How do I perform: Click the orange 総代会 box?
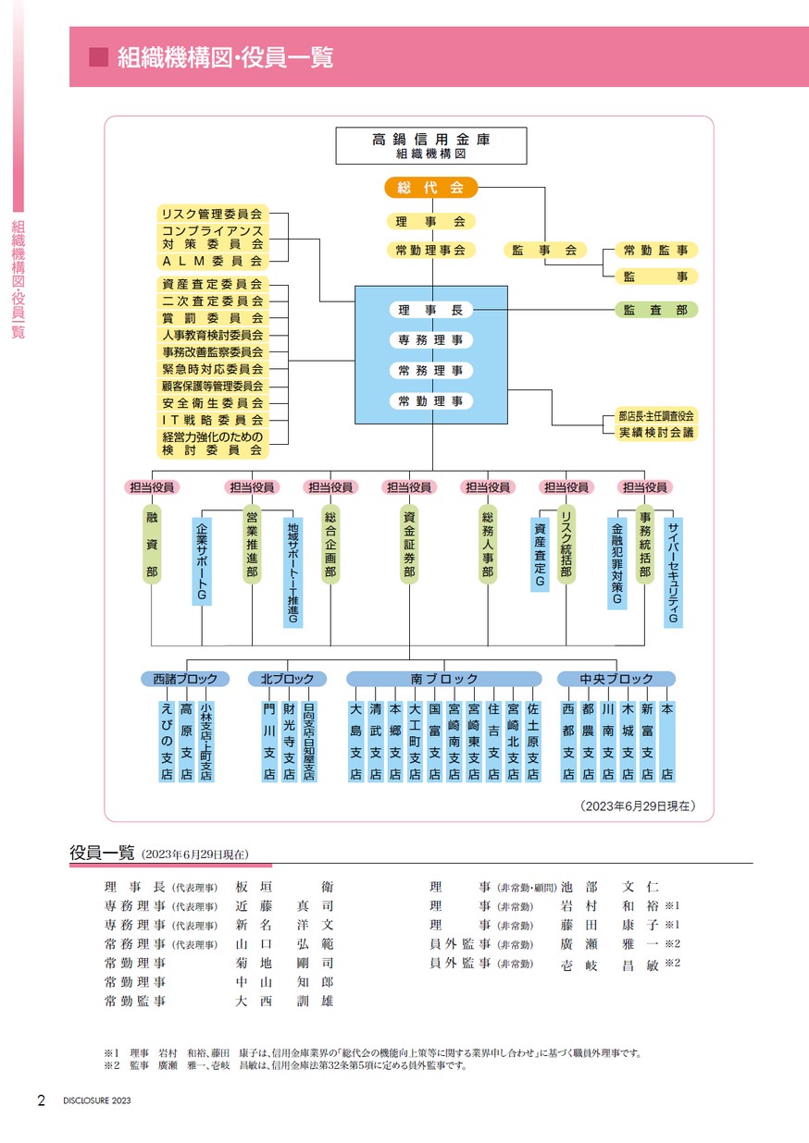(x=431, y=188)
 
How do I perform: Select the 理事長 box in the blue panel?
(x=431, y=310)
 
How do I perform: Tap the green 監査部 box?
(x=655, y=310)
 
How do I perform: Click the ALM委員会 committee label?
(x=213, y=262)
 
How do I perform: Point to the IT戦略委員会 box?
(x=213, y=420)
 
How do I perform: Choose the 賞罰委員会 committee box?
(x=213, y=318)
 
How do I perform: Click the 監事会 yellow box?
(x=544, y=250)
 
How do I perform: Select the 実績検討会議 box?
(x=656, y=433)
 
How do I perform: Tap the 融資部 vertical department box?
(x=152, y=545)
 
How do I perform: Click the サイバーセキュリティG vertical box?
(x=673, y=572)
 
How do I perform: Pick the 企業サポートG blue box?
(x=202, y=561)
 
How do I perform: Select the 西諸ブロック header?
(x=185, y=679)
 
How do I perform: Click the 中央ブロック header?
(x=616, y=679)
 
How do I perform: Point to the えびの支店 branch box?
(x=167, y=741)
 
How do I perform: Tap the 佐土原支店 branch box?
(x=532, y=741)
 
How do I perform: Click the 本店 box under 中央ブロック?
(x=667, y=741)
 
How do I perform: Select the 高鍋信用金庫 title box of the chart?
(x=431, y=146)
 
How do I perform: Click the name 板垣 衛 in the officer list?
(x=284, y=887)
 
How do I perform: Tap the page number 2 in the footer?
(x=42, y=1100)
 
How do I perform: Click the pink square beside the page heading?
(x=98, y=57)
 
